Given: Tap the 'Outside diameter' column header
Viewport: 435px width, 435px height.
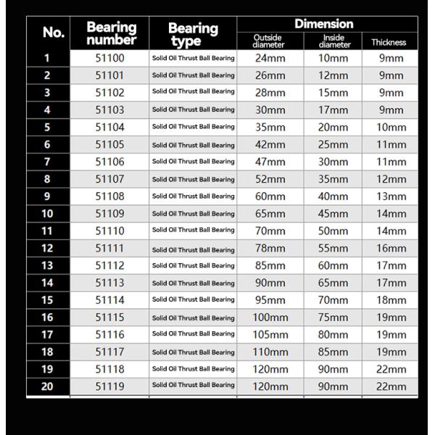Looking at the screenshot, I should coord(269,41).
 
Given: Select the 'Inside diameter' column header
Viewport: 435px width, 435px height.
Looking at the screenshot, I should coord(333,41).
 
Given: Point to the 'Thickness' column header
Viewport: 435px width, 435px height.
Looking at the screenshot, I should coord(389,42).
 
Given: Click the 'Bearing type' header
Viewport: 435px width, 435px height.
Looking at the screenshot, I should coord(193,34).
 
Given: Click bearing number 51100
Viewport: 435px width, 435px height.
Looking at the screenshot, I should coord(110,58).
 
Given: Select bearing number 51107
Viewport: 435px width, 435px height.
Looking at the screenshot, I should coord(110,179).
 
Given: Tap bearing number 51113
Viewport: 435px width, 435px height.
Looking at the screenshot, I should coord(110,283).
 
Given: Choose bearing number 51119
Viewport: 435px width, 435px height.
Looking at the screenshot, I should coord(110,386).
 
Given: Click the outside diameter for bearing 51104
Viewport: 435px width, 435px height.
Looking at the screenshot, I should coord(270,127).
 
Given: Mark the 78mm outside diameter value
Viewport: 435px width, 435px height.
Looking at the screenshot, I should coord(270,248).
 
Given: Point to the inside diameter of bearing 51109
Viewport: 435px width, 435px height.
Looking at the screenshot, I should coord(333,213).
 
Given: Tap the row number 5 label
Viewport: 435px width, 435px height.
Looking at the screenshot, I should coord(47,127).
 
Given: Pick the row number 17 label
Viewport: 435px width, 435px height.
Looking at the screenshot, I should coord(47,334).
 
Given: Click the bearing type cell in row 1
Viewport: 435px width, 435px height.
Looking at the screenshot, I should coord(193,58).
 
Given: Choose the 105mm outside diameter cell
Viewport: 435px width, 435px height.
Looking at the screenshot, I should coord(270,334).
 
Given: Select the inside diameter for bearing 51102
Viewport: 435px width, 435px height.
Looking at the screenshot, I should coord(333,93).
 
